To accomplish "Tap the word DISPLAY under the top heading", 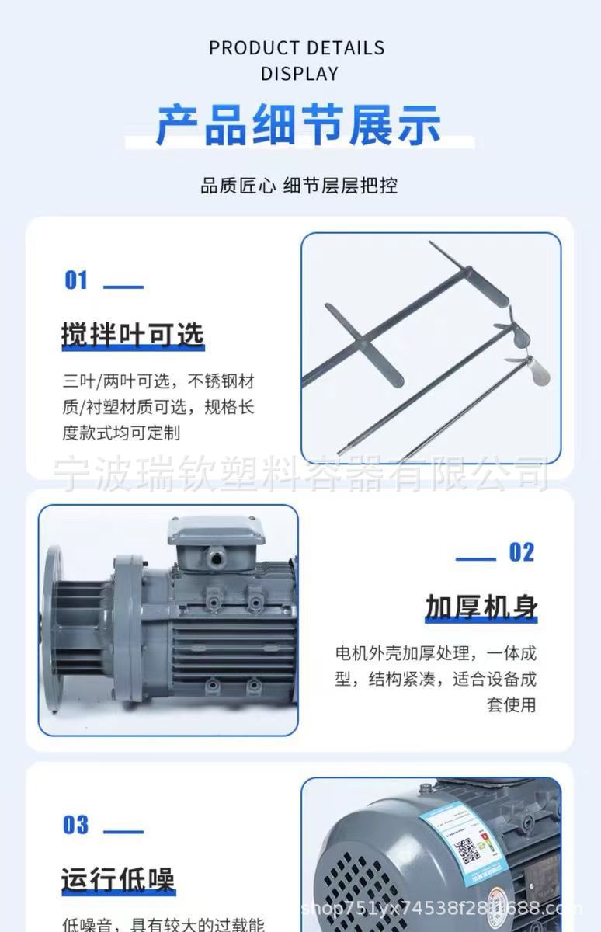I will point(300,74).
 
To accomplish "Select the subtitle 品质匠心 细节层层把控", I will point(299,186).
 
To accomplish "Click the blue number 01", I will point(76,280).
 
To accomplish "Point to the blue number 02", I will point(522,552).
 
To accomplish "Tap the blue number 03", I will point(76,825).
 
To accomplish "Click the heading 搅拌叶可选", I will point(132,334).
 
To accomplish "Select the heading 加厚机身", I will point(481,607).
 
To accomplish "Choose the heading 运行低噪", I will point(118,880).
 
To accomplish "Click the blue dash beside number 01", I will point(123,287).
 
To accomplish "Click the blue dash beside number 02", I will point(475,558).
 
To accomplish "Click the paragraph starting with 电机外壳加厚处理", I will point(436,678).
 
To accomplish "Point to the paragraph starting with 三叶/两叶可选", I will point(158,407).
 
